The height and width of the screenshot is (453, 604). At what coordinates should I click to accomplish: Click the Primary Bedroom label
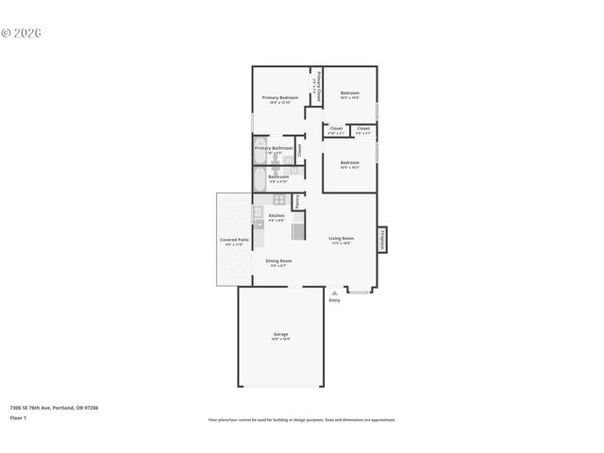pyautogui.click(x=280, y=98)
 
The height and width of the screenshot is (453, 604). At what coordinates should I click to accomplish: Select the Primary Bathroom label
pyautogui.click(x=274, y=148)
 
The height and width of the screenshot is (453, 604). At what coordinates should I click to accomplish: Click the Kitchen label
pyautogui.click(x=277, y=216)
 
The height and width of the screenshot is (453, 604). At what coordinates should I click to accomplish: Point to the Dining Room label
pyautogui.click(x=278, y=260)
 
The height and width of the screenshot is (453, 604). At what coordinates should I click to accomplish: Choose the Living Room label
pyautogui.click(x=341, y=238)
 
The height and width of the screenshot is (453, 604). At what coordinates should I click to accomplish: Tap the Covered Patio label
pyautogui.click(x=235, y=240)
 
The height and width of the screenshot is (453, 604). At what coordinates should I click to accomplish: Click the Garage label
pyautogui.click(x=280, y=334)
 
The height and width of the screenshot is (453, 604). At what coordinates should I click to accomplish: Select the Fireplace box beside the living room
pyautogui.click(x=382, y=240)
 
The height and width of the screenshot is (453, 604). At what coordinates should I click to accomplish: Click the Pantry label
pyautogui.click(x=297, y=200)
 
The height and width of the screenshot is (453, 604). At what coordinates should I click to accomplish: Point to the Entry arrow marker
pyautogui.click(x=334, y=294)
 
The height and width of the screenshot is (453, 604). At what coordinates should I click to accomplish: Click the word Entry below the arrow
pyautogui.click(x=334, y=301)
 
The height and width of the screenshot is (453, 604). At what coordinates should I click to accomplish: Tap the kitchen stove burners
pyautogui.click(x=279, y=199)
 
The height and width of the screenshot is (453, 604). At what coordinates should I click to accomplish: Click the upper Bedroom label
pyautogui.click(x=350, y=92)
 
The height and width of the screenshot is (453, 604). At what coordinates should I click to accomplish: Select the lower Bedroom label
pyautogui.click(x=350, y=162)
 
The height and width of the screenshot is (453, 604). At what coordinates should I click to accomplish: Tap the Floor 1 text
pyautogui.click(x=19, y=416)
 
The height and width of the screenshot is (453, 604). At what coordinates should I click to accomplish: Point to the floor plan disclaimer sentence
pyautogui.click(x=301, y=420)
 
